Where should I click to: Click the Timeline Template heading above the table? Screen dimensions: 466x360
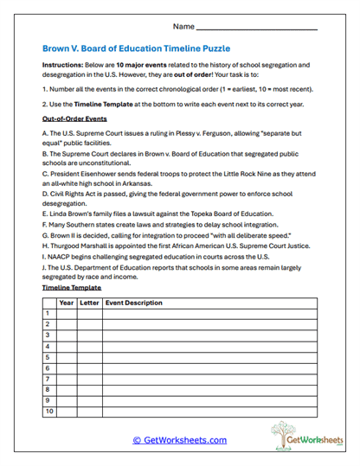coord(72,287)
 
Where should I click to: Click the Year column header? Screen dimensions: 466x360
coord(66,303)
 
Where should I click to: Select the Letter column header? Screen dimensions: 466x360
coord(89,303)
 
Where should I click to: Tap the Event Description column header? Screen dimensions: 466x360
coord(133,303)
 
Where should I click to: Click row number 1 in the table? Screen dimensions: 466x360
coord(48,314)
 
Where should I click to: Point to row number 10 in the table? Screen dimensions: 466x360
coord(48,412)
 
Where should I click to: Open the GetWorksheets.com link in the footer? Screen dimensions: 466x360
coord(179,440)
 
